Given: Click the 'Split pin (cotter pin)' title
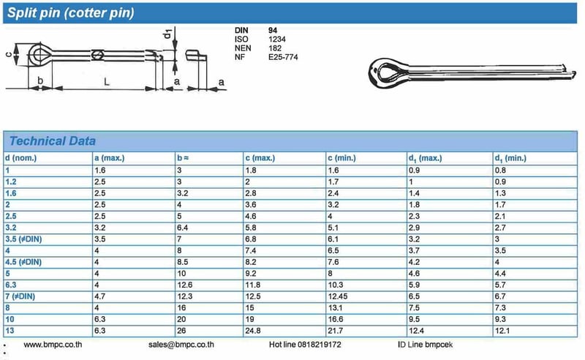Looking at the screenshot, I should click(x=71, y=12).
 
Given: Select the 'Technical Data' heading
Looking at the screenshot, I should click(x=51, y=140).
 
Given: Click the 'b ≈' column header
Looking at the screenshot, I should click(x=183, y=157).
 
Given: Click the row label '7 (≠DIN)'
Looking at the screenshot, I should click(x=22, y=296).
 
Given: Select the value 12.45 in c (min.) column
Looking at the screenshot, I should click(x=338, y=296).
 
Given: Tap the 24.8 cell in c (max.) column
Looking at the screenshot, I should click(x=253, y=331).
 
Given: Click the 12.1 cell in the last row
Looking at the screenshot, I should click(x=502, y=331).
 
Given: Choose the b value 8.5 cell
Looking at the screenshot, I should click(x=183, y=262).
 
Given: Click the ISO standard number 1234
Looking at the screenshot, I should click(x=277, y=38).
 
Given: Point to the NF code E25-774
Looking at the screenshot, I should click(x=283, y=57).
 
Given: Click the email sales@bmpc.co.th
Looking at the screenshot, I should click(x=181, y=343).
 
